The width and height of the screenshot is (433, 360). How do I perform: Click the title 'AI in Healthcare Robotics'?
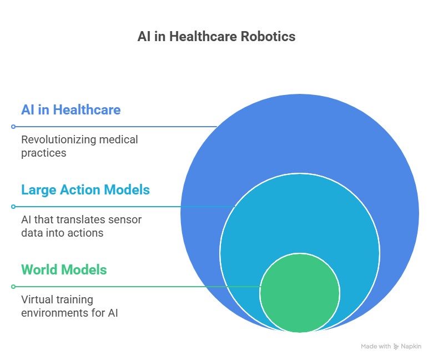(216, 37)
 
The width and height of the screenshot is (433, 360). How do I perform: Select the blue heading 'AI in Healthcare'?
(71, 109)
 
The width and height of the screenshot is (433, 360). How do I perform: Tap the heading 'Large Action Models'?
(85, 190)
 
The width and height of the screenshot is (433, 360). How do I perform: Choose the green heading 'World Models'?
(64, 270)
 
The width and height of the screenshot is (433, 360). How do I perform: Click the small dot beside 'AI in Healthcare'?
(13, 127)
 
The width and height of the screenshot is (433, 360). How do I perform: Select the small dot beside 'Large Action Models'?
(13, 207)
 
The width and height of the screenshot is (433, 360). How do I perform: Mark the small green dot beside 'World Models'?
(13, 287)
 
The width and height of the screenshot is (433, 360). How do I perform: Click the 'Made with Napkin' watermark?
(391, 346)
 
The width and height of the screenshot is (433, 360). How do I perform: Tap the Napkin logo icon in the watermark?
(396, 346)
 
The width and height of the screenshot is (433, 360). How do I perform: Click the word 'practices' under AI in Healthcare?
(44, 153)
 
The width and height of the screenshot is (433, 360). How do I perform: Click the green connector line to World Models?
(139, 287)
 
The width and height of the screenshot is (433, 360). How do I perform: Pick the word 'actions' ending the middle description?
(85, 233)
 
